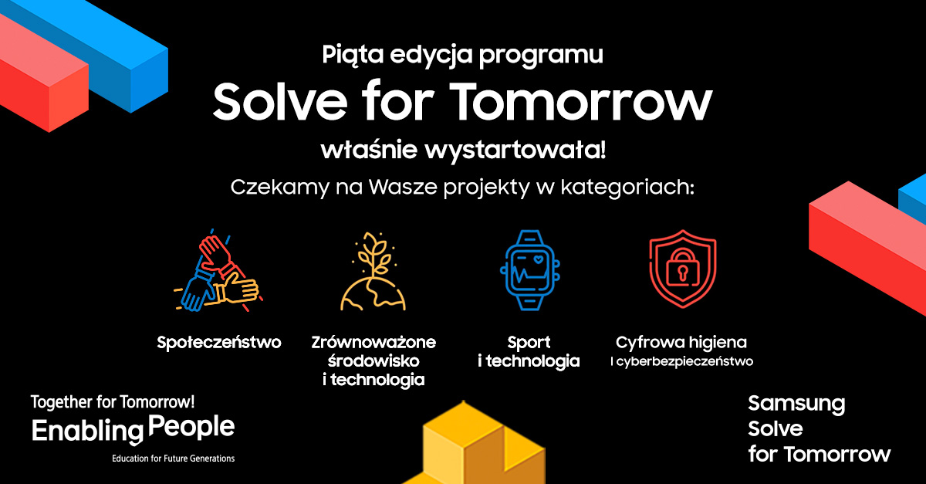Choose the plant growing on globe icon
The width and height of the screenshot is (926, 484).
pyautogui.click(x=373, y=272)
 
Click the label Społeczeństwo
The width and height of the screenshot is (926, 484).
pyautogui.click(x=219, y=341)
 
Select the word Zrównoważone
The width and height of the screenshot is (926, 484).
pyautogui.click(x=374, y=341)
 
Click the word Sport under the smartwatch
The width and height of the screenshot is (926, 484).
pyautogui.click(x=529, y=341)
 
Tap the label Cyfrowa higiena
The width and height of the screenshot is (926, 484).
pyautogui.click(x=681, y=341)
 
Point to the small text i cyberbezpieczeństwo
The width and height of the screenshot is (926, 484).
pyautogui.click(x=681, y=360)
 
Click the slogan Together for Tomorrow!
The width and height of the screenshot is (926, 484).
pyautogui.click(x=113, y=402)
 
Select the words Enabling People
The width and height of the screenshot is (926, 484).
pyautogui.click(x=133, y=428)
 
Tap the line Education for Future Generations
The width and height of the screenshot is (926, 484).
pyautogui.click(x=173, y=458)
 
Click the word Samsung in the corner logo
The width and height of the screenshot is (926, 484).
pyautogui.click(x=796, y=403)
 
